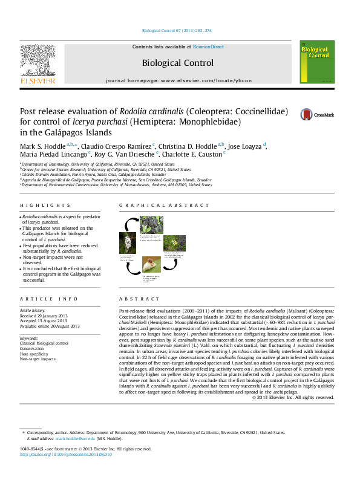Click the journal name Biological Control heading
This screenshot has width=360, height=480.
(177, 63)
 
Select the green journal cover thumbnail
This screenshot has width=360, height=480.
(316, 62)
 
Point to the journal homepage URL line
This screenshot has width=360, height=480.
(178, 80)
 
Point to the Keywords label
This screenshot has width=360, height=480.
(30, 338)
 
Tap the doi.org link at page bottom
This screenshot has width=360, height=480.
(67, 454)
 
